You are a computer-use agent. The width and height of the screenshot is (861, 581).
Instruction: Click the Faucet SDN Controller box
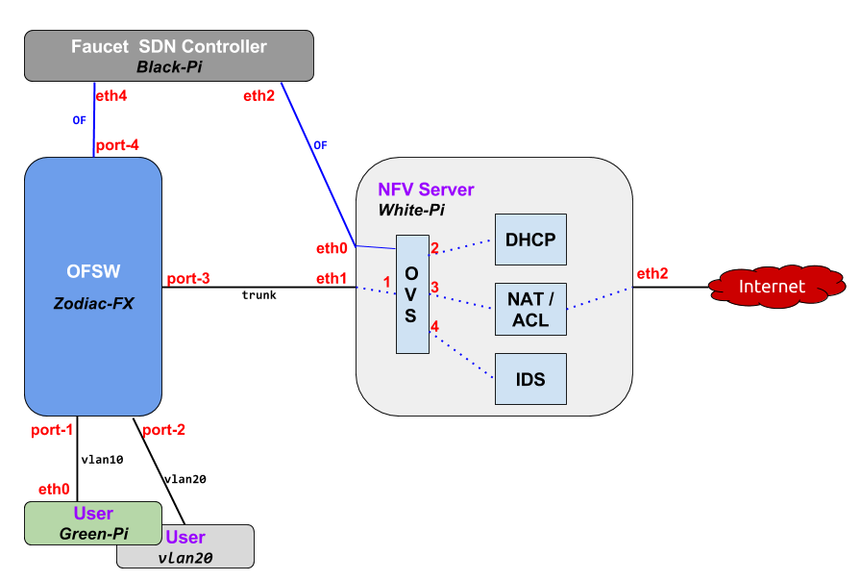[x=169, y=56]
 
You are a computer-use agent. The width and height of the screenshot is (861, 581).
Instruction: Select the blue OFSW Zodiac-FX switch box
[x=92, y=287]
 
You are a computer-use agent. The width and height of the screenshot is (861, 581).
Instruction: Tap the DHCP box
[x=530, y=240]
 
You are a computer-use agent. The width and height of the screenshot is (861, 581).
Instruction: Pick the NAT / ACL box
[x=530, y=309]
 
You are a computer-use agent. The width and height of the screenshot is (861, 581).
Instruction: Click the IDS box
[x=530, y=379]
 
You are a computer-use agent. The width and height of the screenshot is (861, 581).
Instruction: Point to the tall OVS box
[x=411, y=293]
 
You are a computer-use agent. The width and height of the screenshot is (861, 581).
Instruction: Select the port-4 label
[x=118, y=145]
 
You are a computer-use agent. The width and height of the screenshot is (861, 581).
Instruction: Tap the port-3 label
[x=187, y=279]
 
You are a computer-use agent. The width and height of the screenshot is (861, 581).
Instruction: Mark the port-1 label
[x=51, y=429]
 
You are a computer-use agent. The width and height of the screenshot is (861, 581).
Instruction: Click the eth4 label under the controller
[x=111, y=96]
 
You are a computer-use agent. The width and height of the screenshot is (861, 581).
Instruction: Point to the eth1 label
[x=332, y=279]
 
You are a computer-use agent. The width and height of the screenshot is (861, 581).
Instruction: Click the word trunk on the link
[x=258, y=295]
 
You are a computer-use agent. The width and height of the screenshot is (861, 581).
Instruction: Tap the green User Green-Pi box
[x=92, y=523]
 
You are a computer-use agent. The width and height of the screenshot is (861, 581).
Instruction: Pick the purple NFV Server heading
[x=426, y=189]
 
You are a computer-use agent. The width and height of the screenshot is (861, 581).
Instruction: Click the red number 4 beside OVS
[x=434, y=328]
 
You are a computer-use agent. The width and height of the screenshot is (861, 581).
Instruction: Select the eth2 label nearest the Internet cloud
[x=652, y=274]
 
